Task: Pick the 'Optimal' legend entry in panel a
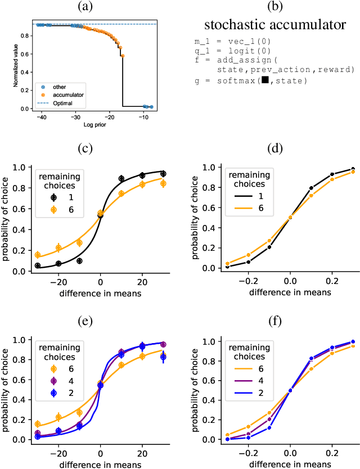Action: pyautogui.click(x=57, y=103)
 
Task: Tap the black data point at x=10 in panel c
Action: pyautogui.click(x=121, y=179)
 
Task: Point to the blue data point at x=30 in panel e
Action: pyautogui.click(x=163, y=357)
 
